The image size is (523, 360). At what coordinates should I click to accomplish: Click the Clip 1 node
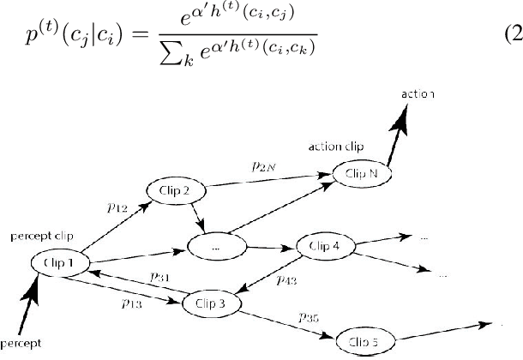(60, 261)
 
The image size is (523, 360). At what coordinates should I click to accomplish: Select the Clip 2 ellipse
(173, 190)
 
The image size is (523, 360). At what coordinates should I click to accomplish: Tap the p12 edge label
(119, 207)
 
